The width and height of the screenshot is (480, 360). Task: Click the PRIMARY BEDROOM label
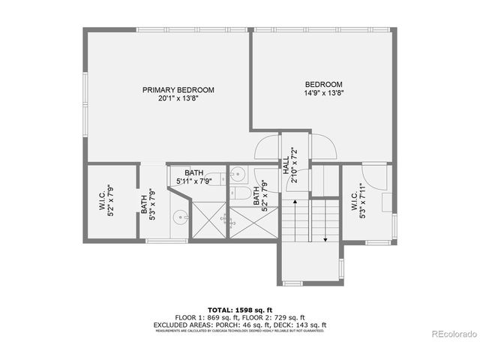coord(178,90)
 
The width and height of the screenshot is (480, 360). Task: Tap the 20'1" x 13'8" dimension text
coord(178,98)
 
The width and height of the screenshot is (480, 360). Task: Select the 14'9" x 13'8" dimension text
coord(324,93)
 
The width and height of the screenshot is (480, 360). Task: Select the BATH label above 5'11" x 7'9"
coord(193,173)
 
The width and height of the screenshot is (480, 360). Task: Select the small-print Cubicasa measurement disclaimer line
coord(240,330)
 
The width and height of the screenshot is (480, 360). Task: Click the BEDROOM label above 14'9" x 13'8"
coord(324,84)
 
